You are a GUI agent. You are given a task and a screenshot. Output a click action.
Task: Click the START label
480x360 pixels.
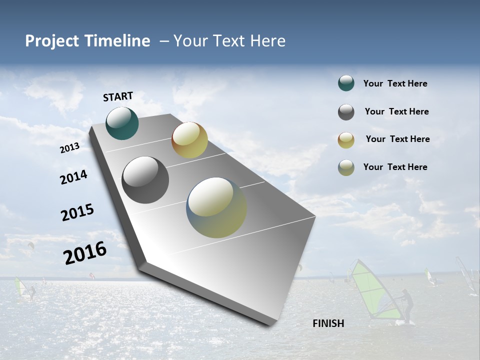[x=118, y=96]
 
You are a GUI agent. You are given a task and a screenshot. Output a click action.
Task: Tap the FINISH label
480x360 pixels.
[x=328, y=323]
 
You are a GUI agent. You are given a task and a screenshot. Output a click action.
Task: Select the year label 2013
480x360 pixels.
[x=70, y=148]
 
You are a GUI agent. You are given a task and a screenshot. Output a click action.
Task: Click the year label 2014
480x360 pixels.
[x=73, y=177]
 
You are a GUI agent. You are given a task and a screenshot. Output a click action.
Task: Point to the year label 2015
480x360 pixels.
[x=77, y=212]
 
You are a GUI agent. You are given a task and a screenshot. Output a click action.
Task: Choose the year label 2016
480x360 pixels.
[x=85, y=253]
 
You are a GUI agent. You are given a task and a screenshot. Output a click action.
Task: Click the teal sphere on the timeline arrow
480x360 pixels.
[x=122, y=123]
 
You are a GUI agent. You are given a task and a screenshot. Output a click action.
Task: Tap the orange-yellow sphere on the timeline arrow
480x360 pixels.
[x=189, y=140]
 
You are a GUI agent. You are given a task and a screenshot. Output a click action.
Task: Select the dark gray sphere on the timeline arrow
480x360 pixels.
[x=145, y=180]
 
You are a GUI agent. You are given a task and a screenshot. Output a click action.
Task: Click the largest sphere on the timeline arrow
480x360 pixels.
[x=216, y=207]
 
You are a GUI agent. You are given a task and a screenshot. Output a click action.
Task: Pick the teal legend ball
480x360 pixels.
[x=346, y=83]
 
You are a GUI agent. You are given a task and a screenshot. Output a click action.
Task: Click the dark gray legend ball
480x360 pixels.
[x=346, y=112]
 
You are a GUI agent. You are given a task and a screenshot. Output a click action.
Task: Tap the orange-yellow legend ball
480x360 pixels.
[x=346, y=140]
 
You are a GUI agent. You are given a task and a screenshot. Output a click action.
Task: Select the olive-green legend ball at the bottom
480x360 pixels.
[x=346, y=167]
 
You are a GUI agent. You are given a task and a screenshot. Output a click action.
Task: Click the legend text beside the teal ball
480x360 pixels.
[x=395, y=83]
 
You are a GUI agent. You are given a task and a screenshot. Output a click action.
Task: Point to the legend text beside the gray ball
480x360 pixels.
[x=396, y=111]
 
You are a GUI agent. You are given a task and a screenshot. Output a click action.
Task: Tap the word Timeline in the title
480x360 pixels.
[x=118, y=41]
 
